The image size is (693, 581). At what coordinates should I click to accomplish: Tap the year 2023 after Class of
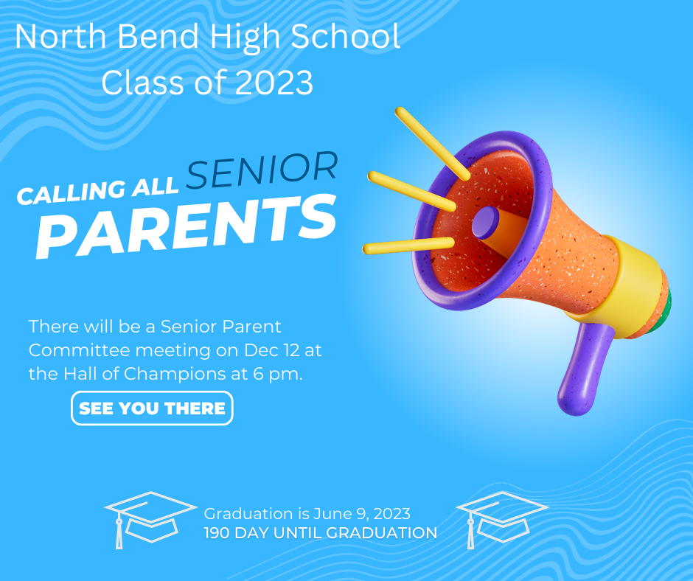(x=275, y=83)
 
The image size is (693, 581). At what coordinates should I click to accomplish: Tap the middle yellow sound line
(x=411, y=191)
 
